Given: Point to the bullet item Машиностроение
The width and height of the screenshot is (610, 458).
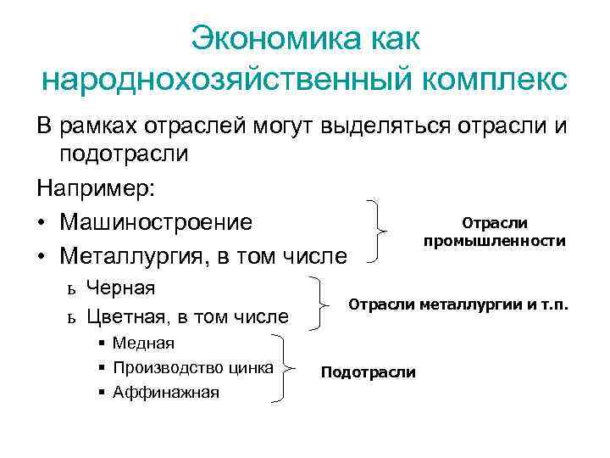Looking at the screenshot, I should click(157, 222).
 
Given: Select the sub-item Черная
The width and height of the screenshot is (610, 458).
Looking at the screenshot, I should click(121, 288).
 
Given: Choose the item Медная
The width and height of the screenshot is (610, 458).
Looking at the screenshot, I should click(143, 343).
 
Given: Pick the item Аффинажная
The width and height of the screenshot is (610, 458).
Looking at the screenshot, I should click(165, 392).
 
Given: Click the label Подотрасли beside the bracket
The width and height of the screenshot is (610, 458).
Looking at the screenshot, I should click(369, 372).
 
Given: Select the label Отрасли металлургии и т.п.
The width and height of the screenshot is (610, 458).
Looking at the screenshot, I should click(459, 304).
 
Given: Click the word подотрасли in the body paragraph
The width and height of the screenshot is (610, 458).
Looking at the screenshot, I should click(124, 154).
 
